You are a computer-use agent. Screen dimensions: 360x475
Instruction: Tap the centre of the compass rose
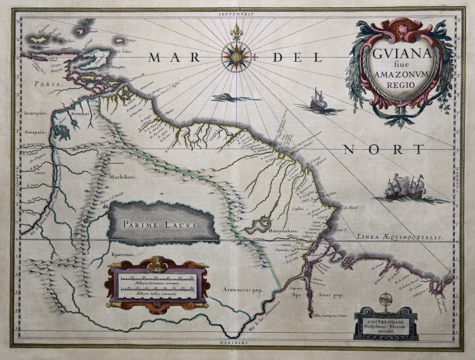click(x=236, y=57)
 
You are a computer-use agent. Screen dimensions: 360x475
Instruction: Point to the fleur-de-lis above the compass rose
click(x=236, y=30)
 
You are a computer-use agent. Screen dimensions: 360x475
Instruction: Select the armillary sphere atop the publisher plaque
click(x=386, y=299)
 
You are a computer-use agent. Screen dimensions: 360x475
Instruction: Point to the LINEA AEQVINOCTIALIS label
click(x=400, y=237)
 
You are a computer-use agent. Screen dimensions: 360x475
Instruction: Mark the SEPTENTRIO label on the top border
click(x=236, y=12)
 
